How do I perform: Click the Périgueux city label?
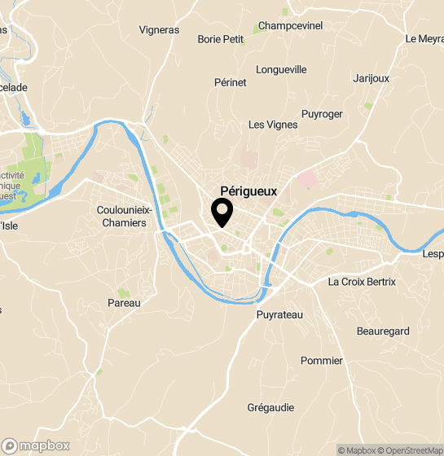coord(248,191)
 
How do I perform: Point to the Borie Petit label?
coord(221,38)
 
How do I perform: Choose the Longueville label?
coord(281,70)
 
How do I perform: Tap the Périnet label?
coord(230,83)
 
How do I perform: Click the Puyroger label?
coord(322,114)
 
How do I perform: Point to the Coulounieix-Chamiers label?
coord(121,216)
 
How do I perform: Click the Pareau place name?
coord(124,303)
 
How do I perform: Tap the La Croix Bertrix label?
coord(361,282)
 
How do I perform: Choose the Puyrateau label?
coord(279,314)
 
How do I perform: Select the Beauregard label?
coord(383,331)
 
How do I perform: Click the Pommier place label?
coord(322,361)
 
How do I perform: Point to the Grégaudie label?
coord(272,408)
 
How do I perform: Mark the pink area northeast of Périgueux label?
coord(307,178)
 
